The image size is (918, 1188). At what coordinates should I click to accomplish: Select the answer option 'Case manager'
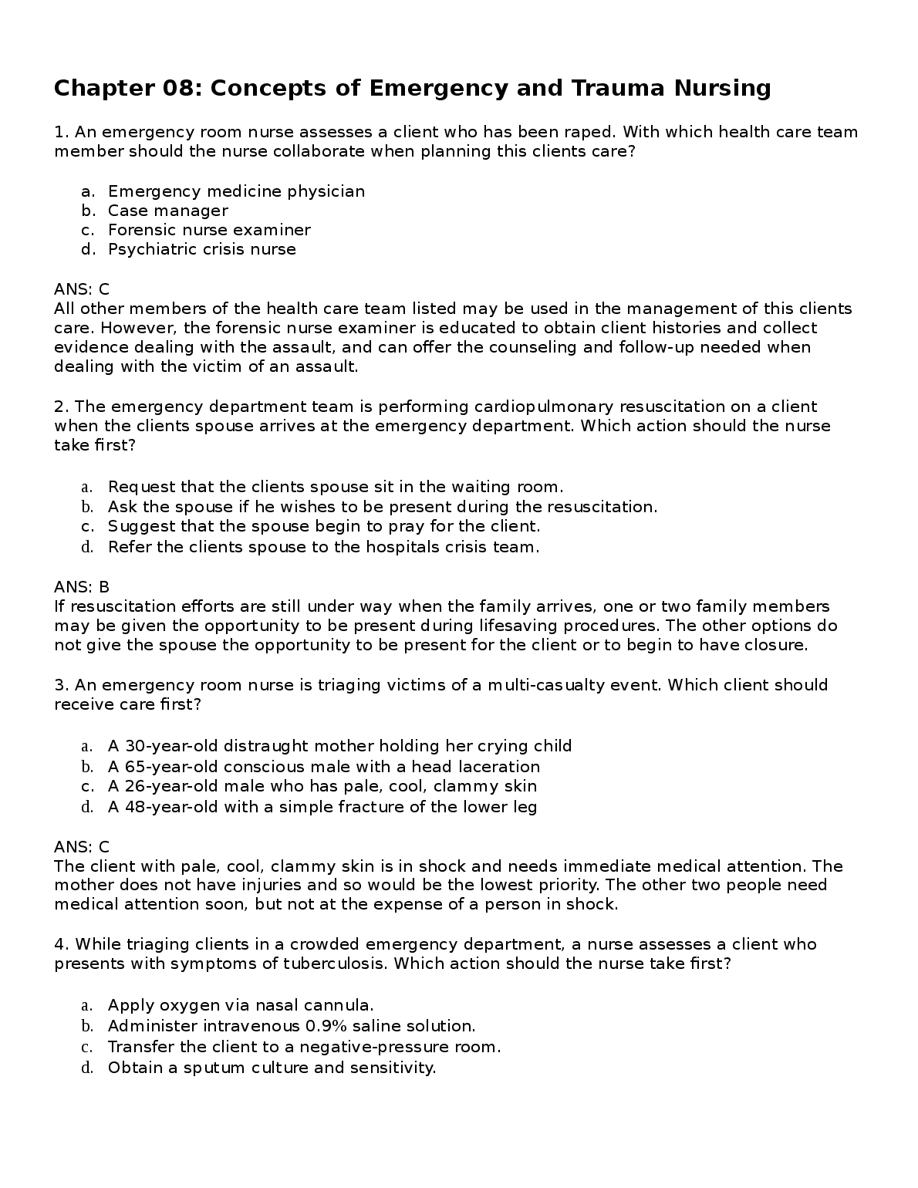click(167, 211)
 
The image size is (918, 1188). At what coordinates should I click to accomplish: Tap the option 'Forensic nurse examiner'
click(209, 230)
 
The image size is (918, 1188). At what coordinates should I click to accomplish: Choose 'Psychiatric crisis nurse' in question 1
click(201, 249)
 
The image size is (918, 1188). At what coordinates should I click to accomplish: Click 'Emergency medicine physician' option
click(236, 191)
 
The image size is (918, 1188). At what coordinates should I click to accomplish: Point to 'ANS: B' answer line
click(82, 587)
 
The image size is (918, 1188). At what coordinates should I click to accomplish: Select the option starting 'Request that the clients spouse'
click(335, 487)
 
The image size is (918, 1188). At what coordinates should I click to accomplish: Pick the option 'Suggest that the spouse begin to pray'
click(323, 527)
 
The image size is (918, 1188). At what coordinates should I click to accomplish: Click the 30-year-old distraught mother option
click(339, 746)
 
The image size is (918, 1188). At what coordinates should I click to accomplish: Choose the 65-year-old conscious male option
click(323, 767)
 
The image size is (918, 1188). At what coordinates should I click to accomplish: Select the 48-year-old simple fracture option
click(322, 807)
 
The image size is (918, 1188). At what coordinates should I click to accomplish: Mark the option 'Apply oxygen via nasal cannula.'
click(240, 1005)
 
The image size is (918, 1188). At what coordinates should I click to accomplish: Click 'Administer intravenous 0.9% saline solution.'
click(291, 1026)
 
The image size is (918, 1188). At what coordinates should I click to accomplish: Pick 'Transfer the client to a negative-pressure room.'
click(304, 1047)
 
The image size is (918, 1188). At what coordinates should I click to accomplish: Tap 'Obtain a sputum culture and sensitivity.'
click(272, 1068)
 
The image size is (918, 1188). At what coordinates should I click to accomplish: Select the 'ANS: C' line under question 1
click(82, 289)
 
